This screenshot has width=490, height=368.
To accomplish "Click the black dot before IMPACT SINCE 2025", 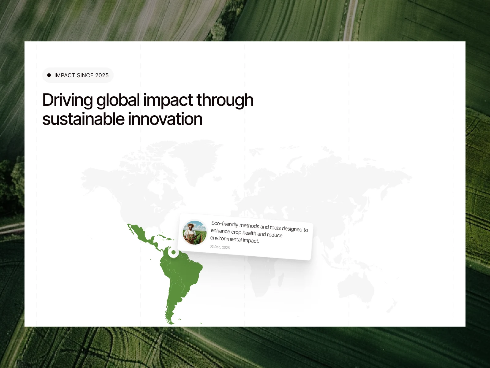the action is [49, 75].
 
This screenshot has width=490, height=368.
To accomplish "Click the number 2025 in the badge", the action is [102, 75].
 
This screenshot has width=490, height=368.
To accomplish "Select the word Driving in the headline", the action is [67, 100].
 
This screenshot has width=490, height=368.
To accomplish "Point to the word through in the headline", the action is [225, 100].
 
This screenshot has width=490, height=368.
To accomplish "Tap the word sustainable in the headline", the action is [84, 119].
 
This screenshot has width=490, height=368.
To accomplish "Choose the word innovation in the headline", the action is [165, 119].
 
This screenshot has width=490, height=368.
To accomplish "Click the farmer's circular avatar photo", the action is [194, 232].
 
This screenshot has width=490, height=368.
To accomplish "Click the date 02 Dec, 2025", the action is [220, 247].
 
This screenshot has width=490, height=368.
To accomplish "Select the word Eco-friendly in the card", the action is [224, 224].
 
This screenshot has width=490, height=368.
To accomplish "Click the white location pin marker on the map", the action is [173, 252].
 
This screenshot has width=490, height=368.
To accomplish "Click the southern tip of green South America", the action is [171, 324].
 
